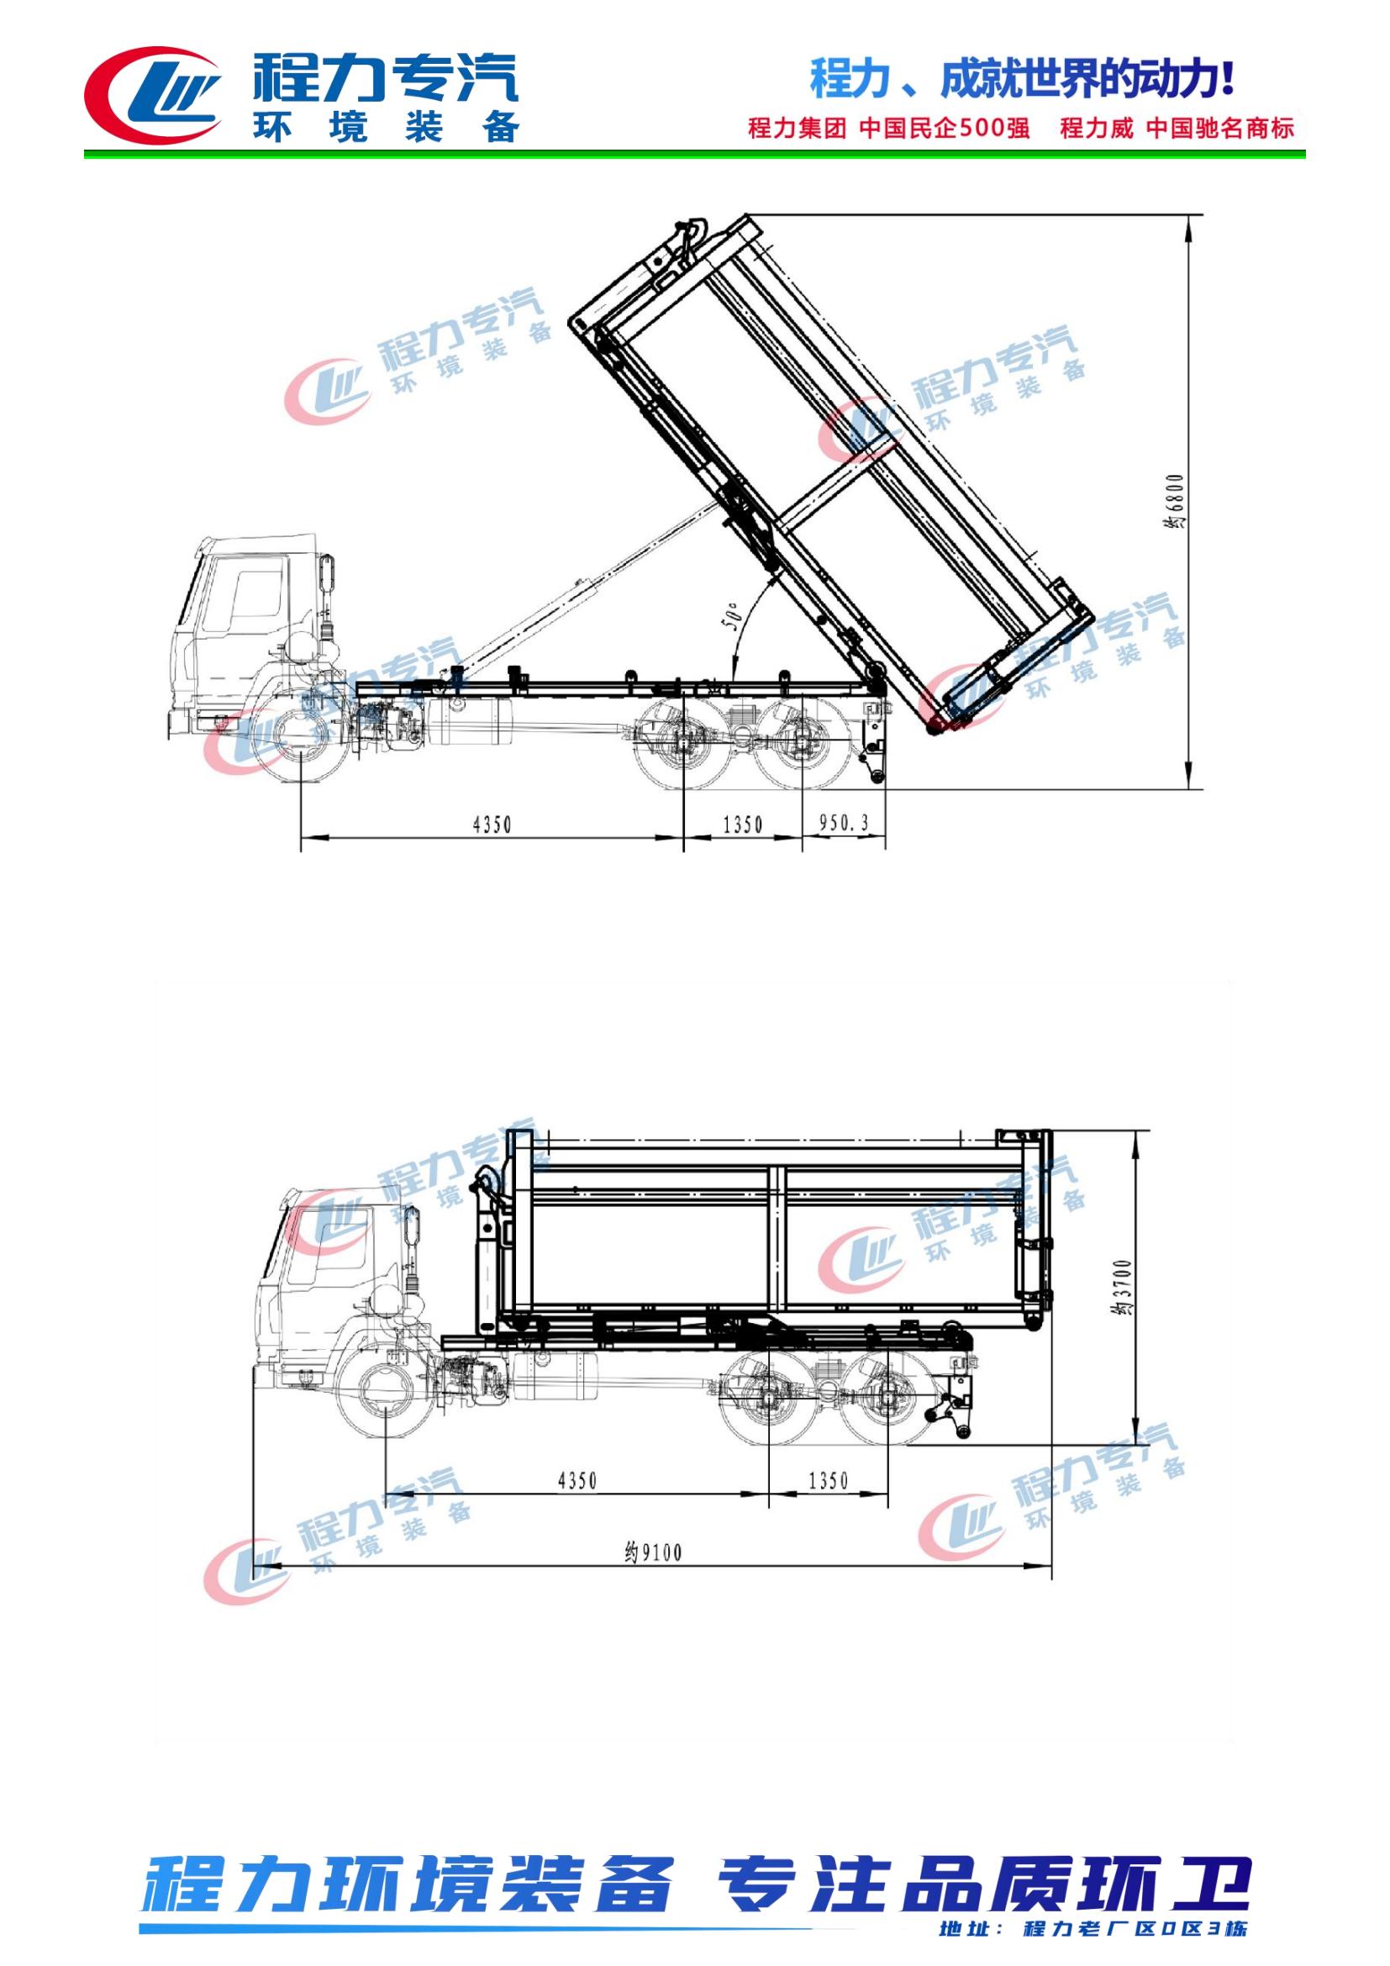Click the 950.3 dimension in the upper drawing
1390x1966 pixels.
844,823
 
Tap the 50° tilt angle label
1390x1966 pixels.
730,616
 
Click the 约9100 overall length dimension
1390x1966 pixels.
653,1552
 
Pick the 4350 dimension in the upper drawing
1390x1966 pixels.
492,824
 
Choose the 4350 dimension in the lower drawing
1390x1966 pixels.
577,1479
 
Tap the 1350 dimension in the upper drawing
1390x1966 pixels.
743,824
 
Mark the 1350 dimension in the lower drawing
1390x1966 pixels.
828,1479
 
